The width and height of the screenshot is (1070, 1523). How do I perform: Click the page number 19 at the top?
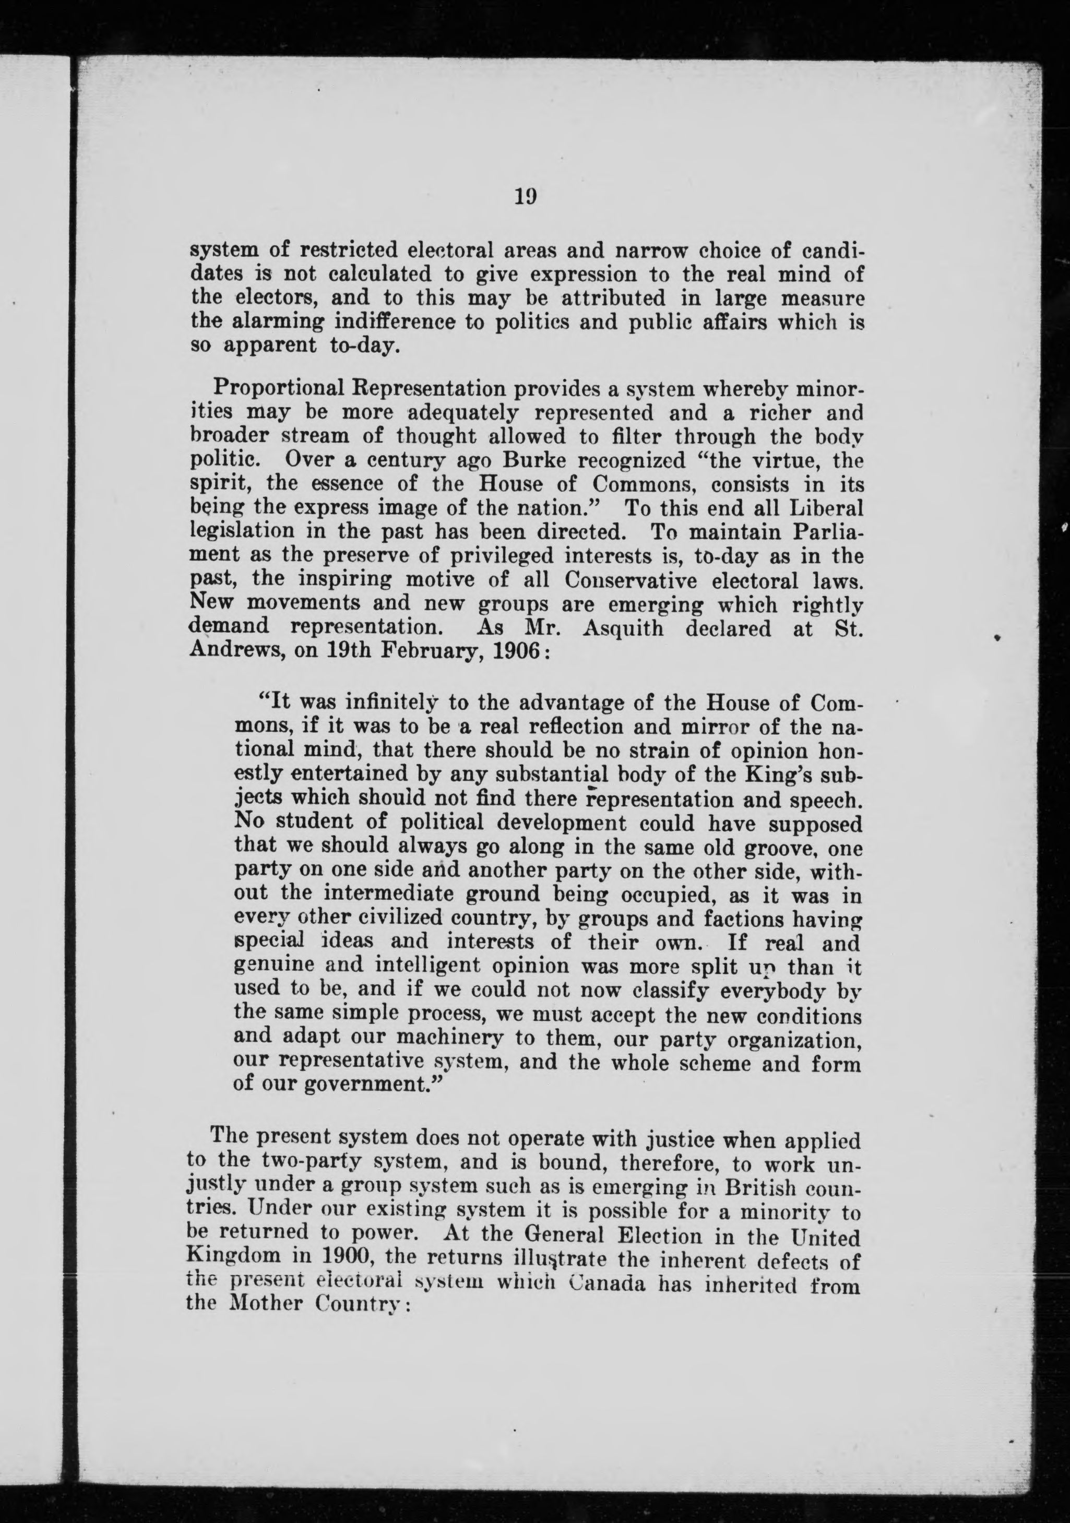(x=525, y=197)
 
